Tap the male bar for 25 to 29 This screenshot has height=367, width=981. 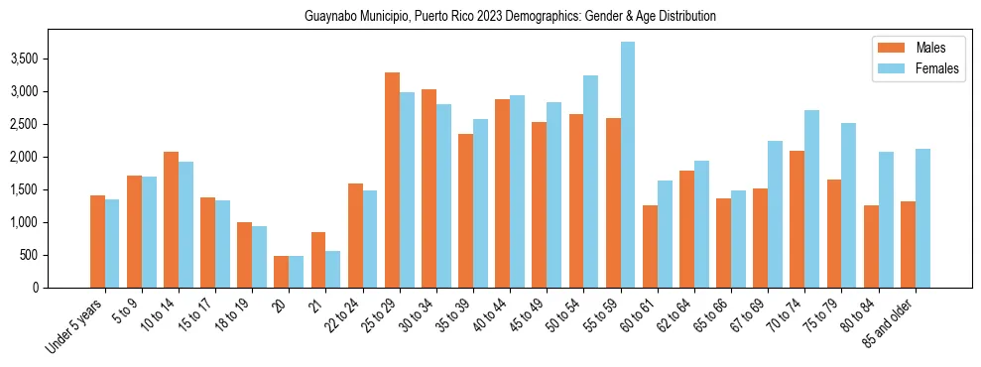tap(392, 180)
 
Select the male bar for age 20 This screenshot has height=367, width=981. tap(281, 272)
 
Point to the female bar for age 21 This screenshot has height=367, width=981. tap(333, 269)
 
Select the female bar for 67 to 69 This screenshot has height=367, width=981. tap(776, 214)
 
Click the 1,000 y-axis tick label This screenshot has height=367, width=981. tap(23, 223)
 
